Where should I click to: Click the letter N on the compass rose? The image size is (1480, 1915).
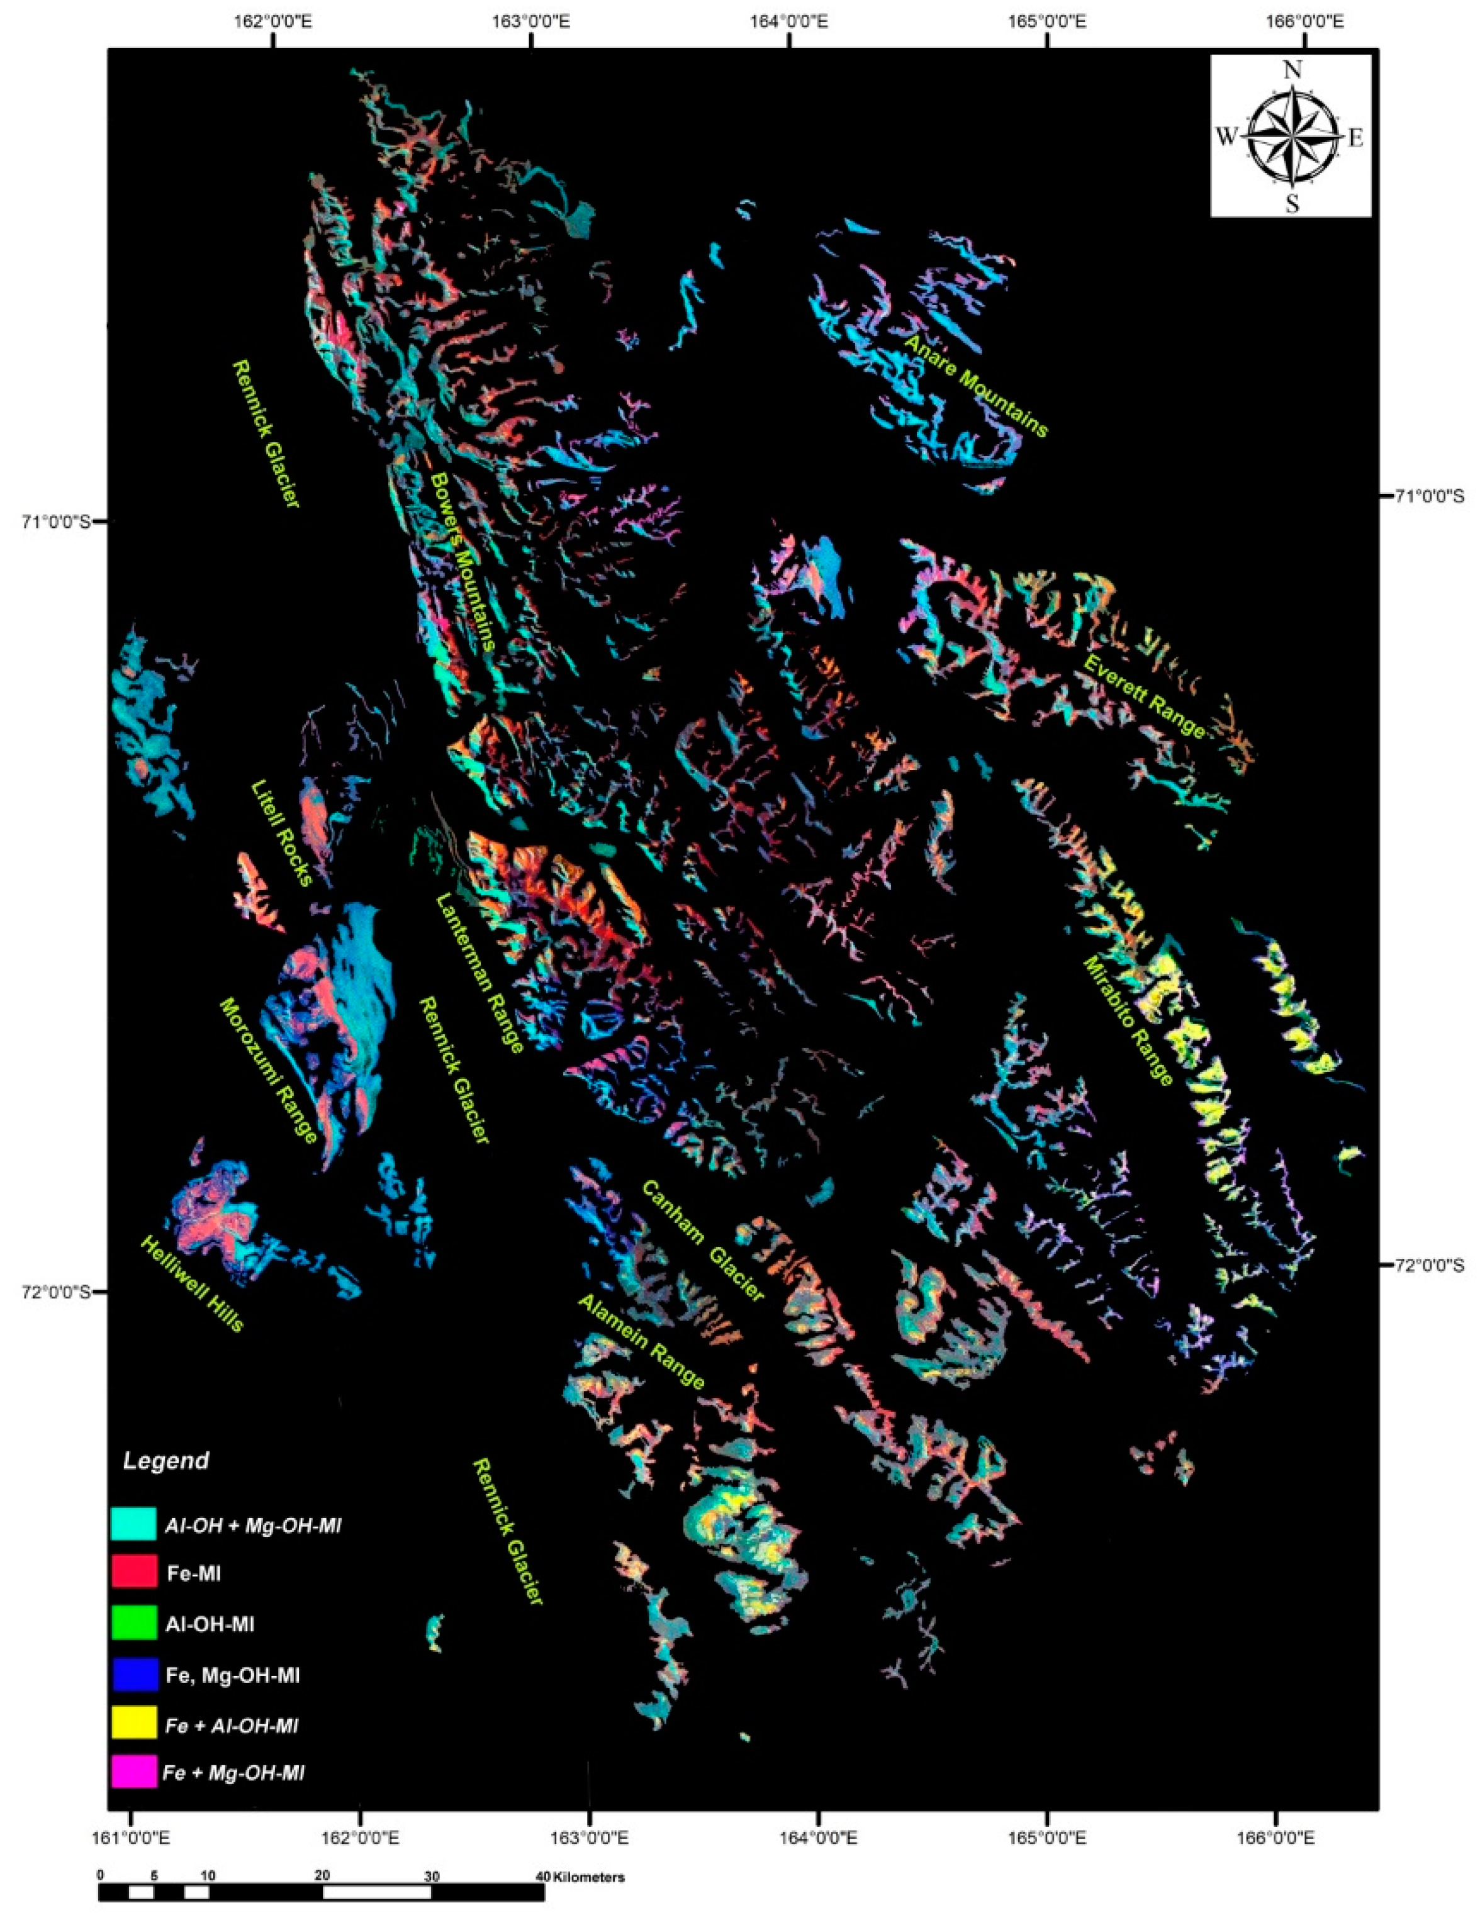(x=1291, y=71)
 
